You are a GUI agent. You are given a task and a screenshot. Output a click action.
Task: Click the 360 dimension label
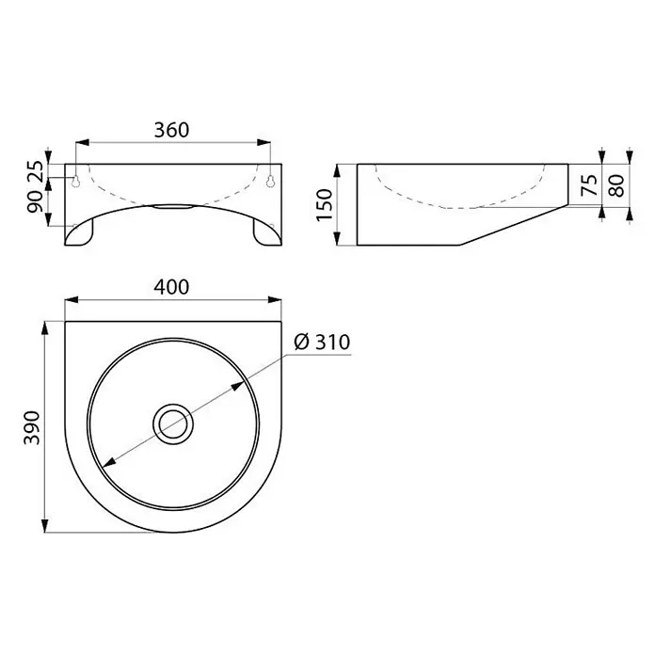pyautogui.click(x=171, y=130)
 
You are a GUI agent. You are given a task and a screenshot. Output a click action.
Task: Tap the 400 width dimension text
pyautogui.click(x=171, y=287)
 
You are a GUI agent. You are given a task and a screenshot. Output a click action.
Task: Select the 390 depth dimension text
pyautogui.click(x=32, y=428)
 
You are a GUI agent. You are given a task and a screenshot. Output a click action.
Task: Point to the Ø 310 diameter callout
pyautogui.click(x=322, y=343)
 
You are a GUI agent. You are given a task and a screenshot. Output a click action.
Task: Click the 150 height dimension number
pyautogui.click(x=324, y=205)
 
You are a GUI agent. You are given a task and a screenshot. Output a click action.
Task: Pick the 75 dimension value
pyautogui.click(x=589, y=185)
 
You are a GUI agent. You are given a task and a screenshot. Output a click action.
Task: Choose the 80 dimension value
pyautogui.click(x=616, y=185)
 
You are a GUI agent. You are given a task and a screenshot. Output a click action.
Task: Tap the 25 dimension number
pyautogui.click(x=35, y=171)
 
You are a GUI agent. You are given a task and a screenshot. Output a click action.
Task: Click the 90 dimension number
pyautogui.click(x=35, y=201)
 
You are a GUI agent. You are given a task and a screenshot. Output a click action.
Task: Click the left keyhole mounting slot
pyautogui.click(x=75, y=181)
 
